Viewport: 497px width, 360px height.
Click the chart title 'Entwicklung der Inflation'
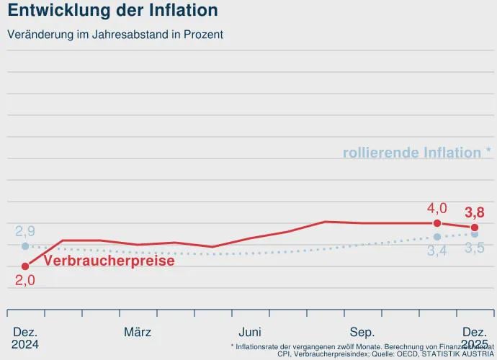(112, 11)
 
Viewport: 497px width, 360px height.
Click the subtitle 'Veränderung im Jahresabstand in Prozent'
(115, 34)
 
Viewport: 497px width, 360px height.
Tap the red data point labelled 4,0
(437, 223)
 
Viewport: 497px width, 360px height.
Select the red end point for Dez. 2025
(475, 228)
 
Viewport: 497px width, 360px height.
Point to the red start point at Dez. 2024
(25, 266)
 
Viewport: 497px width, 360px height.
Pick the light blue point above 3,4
(437, 237)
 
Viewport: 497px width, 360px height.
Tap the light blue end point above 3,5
(475, 234)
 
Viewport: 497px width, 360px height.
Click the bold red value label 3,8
(475, 212)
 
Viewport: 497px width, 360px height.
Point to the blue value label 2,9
(25, 232)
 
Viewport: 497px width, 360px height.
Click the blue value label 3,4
(437, 251)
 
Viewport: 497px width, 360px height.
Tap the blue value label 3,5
(475, 248)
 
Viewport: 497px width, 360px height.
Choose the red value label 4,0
(437, 209)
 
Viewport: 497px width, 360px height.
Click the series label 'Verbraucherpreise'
(109, 261)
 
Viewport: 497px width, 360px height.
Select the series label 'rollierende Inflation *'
(416, 153)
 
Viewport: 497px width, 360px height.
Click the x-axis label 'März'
(138, 332)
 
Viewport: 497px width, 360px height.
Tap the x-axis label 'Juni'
(250, 332)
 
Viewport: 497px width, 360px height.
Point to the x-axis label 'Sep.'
(362, 332)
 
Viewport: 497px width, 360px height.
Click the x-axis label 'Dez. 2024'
(25, 338)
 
